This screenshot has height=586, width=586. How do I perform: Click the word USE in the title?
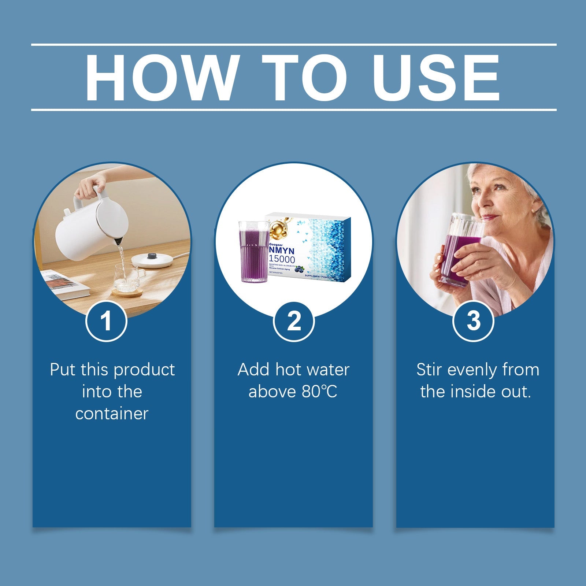coord(436,78)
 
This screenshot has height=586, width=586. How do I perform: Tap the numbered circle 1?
coord(106,321)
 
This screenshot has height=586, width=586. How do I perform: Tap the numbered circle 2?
coord(294,321)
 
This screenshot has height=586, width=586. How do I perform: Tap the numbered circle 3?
coord(473,321)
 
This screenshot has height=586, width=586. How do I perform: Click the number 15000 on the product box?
coord(282,259)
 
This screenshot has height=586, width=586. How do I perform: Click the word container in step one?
coord(112,413)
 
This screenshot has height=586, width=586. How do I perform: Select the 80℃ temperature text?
coord(319,392)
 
